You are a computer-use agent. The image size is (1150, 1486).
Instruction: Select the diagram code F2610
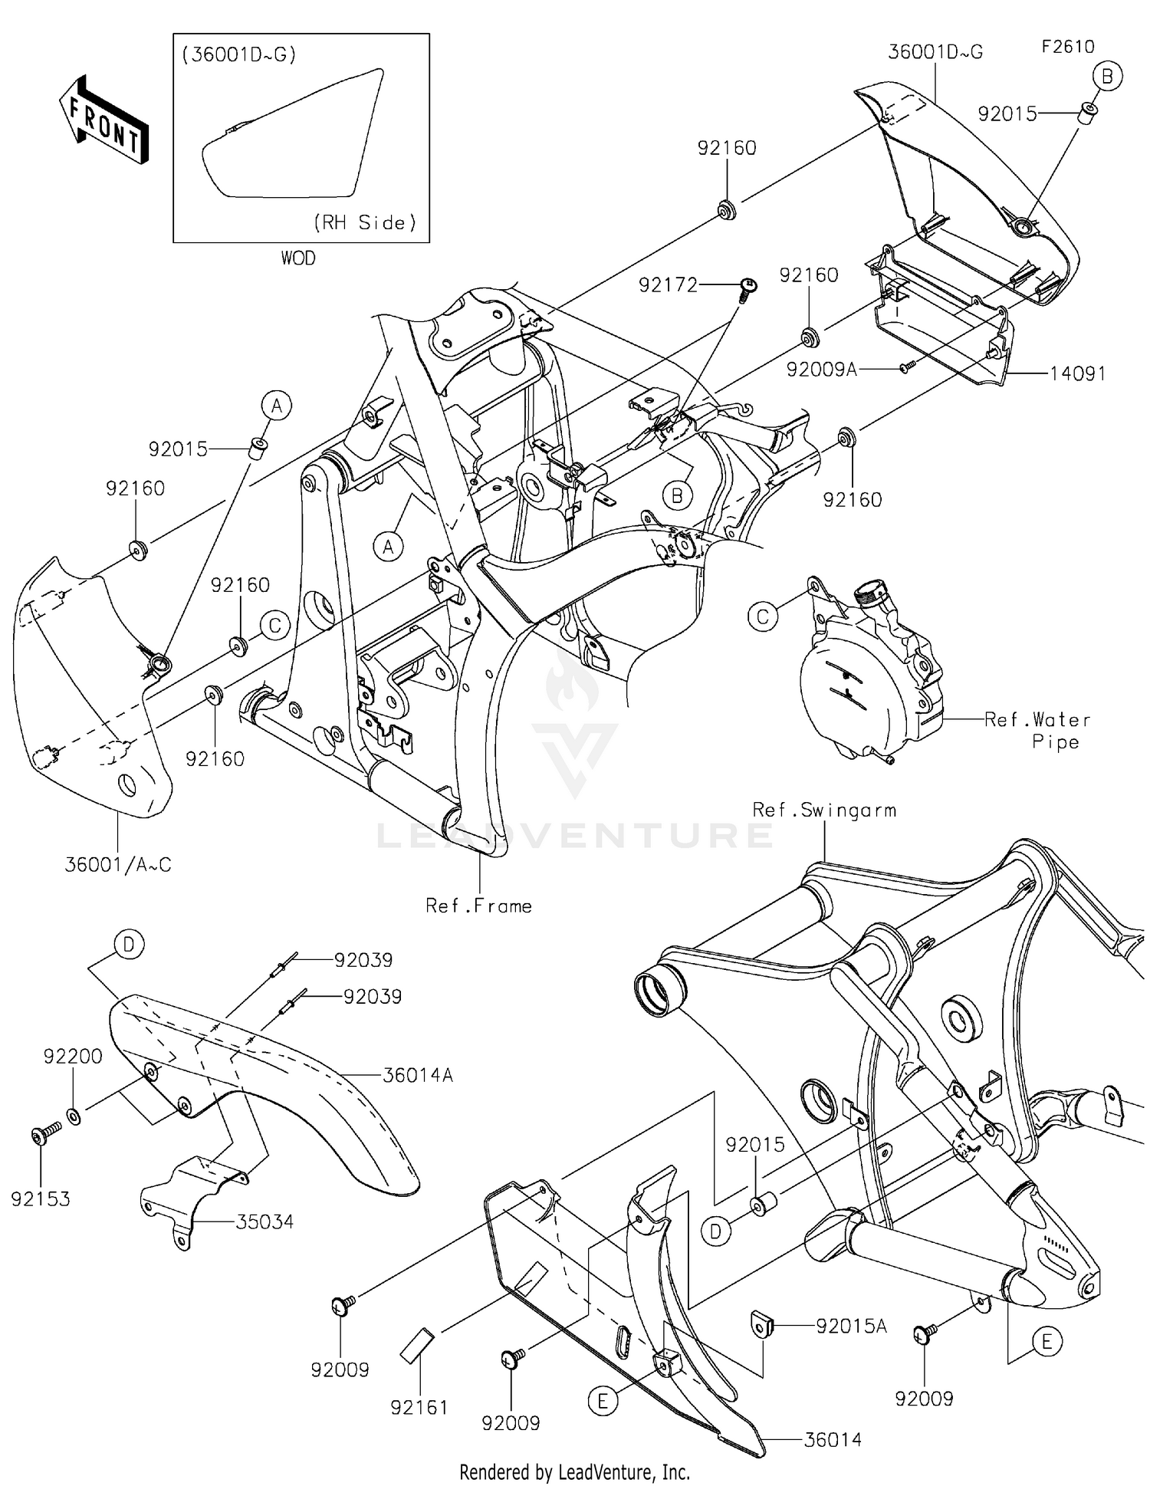[1067, 47]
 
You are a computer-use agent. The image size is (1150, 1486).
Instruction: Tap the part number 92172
[668, 285]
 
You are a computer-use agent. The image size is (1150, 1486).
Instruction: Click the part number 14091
[1078, 373]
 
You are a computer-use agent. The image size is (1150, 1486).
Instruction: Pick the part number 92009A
[821, 370]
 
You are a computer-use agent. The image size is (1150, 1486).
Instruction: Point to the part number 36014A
[418, 1075]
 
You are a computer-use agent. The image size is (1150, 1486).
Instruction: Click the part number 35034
[264, 1221]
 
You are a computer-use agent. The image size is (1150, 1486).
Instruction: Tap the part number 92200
[73, 1056]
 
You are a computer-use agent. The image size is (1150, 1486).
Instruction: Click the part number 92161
[419, 1407]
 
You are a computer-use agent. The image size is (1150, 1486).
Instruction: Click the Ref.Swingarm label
[824, 810]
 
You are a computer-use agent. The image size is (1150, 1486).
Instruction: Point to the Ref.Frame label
[478, 906]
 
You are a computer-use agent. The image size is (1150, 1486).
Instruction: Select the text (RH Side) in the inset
[365, 222]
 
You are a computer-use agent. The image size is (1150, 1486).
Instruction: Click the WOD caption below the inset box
[298, 258]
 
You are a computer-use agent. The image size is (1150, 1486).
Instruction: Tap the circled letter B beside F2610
[1108, 76]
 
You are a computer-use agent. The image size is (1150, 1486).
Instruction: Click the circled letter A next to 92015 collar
[277, 405]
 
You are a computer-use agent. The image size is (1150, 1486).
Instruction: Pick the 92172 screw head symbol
[747, 287]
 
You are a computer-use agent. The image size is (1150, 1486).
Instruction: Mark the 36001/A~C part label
[118, 864]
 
